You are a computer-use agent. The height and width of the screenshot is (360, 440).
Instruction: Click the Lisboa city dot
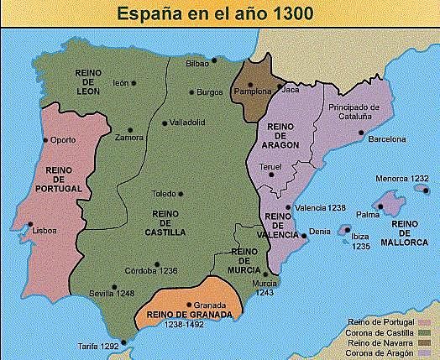tap(30, 225)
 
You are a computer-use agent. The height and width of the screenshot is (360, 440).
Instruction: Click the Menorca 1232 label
tap(402, 179)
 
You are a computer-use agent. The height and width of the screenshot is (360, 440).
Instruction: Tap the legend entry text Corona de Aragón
tap(383, 352)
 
